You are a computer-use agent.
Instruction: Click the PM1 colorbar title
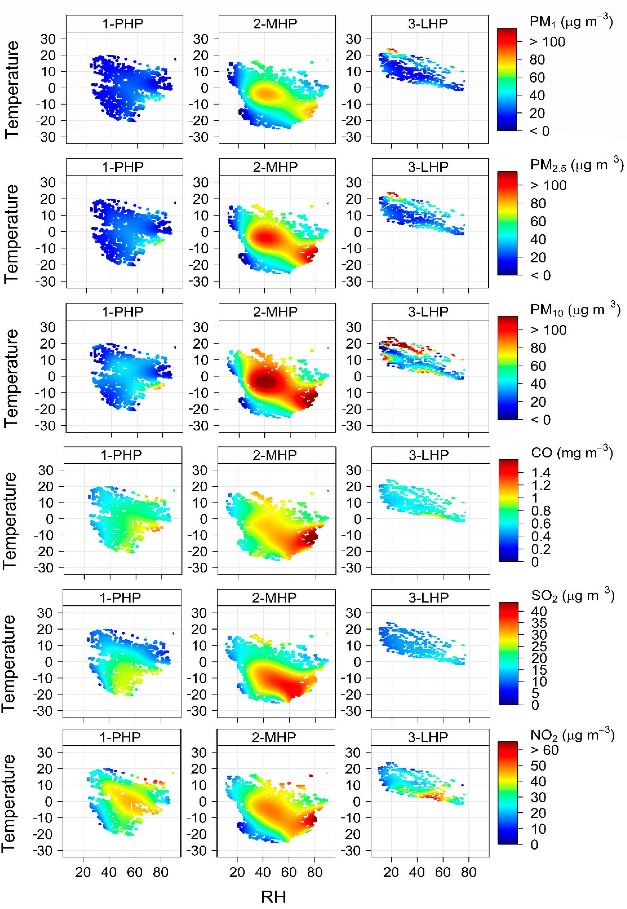pyautogui.click(x=571, y=22)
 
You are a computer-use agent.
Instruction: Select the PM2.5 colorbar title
pyautogui.click(x=576, y=165)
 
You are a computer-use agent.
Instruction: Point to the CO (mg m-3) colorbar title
pyautogui.click(x=572, y=453)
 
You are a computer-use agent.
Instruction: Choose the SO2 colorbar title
pyautogui.click(x=572, y=596)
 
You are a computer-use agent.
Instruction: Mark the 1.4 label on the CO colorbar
pyautogui.click(x=541, y=472)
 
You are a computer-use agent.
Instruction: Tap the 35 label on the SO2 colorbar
pyautogui.click(x=539, y=623)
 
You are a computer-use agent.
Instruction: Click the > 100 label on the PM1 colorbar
pyautogui.click(x=547, y=42)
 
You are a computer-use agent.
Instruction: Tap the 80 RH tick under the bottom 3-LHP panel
pyautogui.click(x=469, y=872)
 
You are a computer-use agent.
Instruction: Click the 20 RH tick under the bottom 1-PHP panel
pyautogui.click(x=83, y=872)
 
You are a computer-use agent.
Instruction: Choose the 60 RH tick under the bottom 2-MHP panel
pyautogui.click(x=289, y=872)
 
